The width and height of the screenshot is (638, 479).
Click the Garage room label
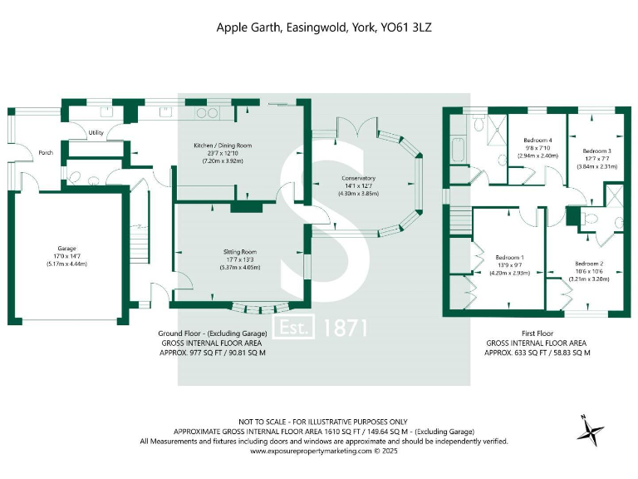(66, 247)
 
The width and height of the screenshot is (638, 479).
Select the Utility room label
(96, 133)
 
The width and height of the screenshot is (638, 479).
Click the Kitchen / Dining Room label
(223, 146)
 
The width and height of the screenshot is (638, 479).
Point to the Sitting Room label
(239, 251)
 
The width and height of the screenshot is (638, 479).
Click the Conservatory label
(358, 178)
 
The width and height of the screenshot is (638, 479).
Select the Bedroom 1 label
(509, 257)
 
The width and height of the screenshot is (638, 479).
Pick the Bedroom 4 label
(537, 140)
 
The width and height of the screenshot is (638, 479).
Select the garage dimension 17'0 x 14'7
(66, 255)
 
